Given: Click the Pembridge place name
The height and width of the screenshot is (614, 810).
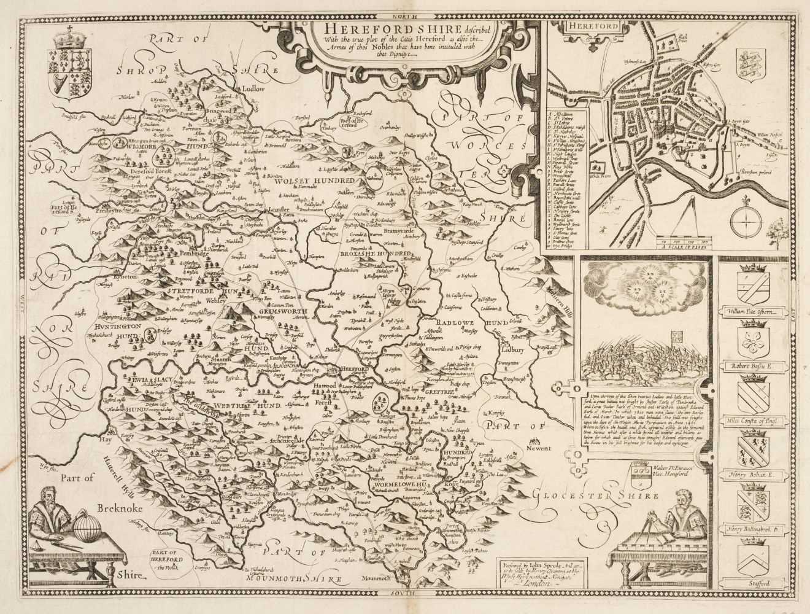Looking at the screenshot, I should (176, 252).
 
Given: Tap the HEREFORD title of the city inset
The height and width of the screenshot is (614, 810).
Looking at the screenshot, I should (584, 27).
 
